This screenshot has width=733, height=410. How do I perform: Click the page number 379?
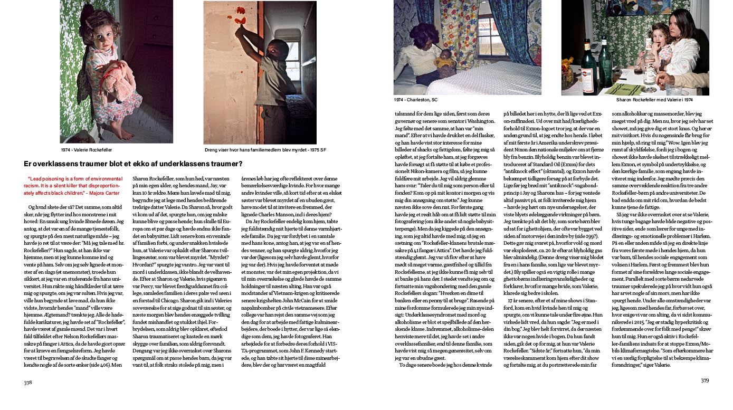[x=705, y=380]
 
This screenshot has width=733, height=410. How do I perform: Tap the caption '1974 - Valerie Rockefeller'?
[x=90, y=149]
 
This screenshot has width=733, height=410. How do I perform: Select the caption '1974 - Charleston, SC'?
[x=416, y=99]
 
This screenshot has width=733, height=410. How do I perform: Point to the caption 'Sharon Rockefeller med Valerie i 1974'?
[x=654, y=99]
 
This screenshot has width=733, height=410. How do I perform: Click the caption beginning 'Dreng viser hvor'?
[x=265, y=149]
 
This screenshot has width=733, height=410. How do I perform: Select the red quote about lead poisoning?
[x=73, y=186]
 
